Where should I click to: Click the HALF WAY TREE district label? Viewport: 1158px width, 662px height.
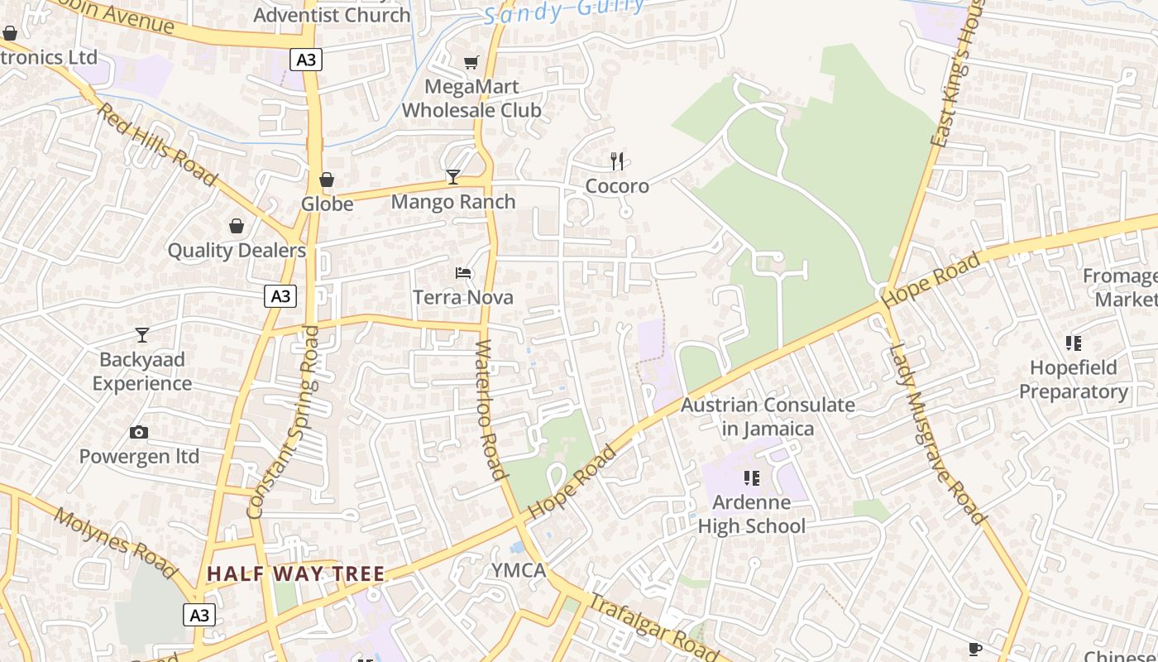click(295, 573)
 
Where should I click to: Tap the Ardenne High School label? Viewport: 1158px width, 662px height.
click(751, 514)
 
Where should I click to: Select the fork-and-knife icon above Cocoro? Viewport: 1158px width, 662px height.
click(617, 161)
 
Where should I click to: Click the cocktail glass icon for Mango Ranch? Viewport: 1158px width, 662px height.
click(453, 176)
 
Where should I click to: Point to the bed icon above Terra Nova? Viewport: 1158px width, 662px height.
click(463, 272)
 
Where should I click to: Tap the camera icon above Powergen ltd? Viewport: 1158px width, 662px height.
click(139, 432)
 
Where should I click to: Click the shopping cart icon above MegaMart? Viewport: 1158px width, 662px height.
click(471, 62)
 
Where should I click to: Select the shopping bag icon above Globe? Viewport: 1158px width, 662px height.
click(327, 180)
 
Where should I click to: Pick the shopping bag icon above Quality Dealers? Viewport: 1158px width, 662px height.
click(237, 226)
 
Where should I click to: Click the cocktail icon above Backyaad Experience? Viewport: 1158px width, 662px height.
click(142, 334)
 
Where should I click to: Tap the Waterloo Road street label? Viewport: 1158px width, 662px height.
click(490, 410)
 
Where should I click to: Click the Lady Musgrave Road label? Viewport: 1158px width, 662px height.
click(937, 434)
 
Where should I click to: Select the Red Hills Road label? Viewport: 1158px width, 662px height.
click(157, 144)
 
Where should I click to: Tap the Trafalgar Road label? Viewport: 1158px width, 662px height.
click(653, 622)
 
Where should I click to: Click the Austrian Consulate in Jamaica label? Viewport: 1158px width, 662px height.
click(768, 416)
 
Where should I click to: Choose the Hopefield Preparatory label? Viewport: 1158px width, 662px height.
click(1074, 379)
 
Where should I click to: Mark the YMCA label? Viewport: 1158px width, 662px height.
click(519, 570)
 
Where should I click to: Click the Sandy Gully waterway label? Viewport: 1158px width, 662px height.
click(564, 11)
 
